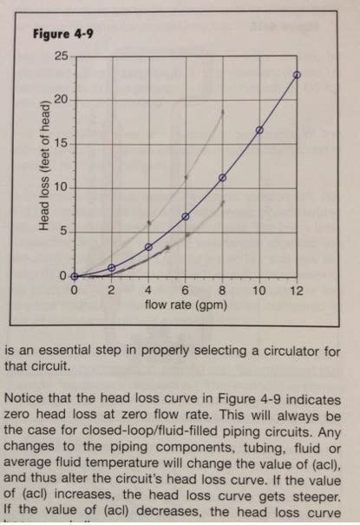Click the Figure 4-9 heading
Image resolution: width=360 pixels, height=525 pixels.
63,35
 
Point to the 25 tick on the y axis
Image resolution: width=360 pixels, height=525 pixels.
61,56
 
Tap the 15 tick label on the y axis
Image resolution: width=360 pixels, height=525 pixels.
61,143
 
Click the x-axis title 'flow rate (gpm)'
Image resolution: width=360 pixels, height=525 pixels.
186,306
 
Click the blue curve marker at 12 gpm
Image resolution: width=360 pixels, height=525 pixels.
297,75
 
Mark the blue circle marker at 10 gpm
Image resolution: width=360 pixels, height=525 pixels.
259,130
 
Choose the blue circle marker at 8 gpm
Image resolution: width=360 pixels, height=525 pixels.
223,178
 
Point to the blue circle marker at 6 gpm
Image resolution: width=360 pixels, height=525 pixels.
186,216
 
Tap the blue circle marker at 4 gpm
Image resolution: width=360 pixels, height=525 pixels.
148,247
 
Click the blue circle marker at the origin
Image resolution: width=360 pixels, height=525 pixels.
75,276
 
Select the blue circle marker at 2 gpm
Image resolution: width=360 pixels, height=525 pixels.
111,268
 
